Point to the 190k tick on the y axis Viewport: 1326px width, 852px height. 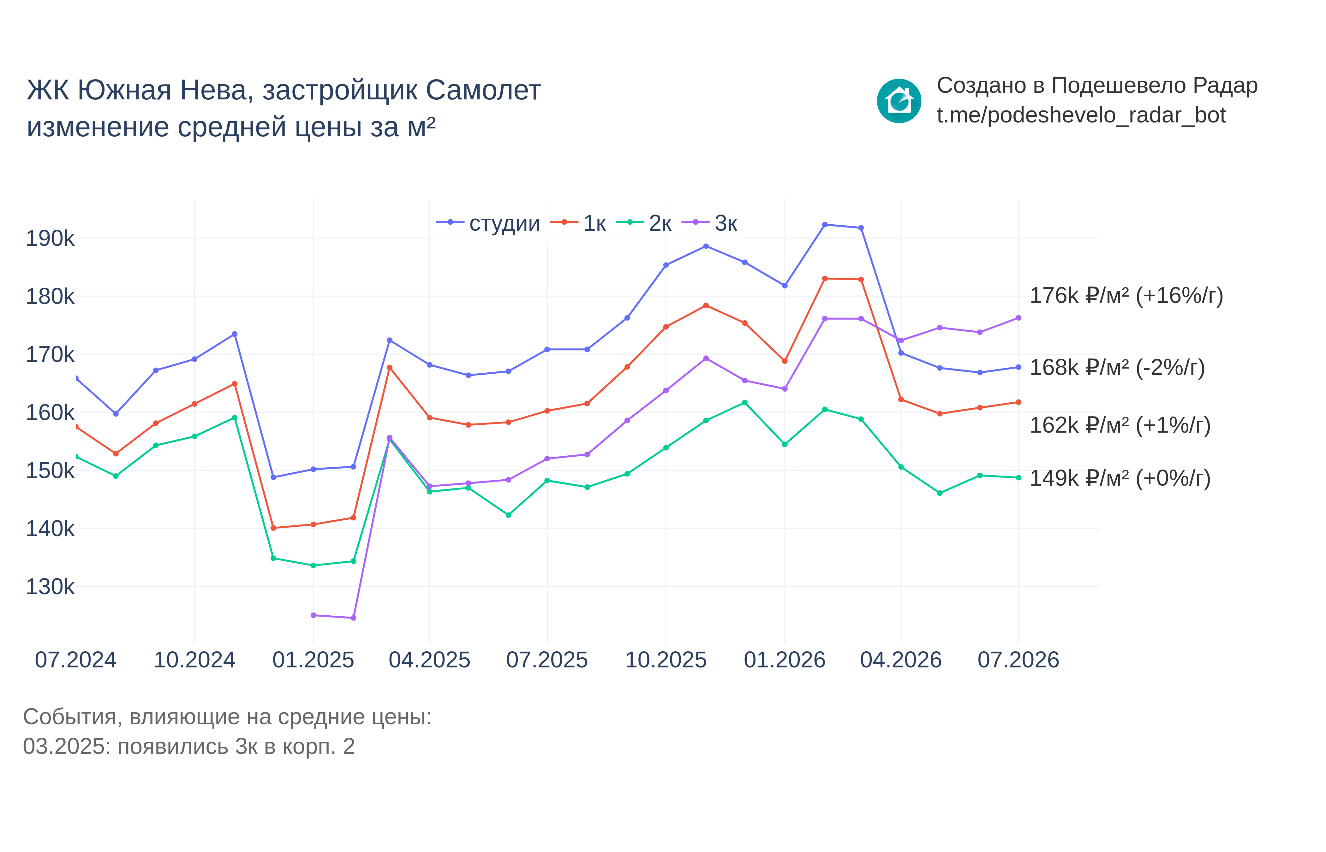pos(50,239)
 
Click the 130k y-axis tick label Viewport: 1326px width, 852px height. pos(50,586)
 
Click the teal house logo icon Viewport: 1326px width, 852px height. pos(899,101)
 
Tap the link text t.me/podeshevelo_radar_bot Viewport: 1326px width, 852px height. pos(1081,115)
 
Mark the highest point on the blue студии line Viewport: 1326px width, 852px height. pos(825,225)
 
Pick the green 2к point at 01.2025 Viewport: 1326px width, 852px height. pos(313,565)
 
